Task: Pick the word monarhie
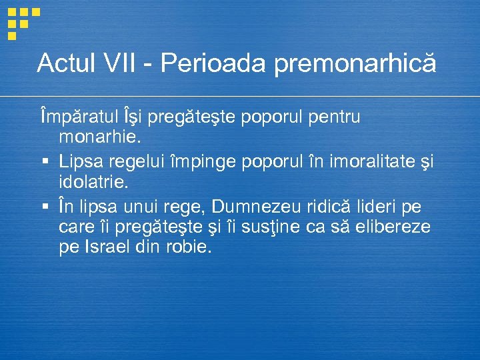click(100, 138)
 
